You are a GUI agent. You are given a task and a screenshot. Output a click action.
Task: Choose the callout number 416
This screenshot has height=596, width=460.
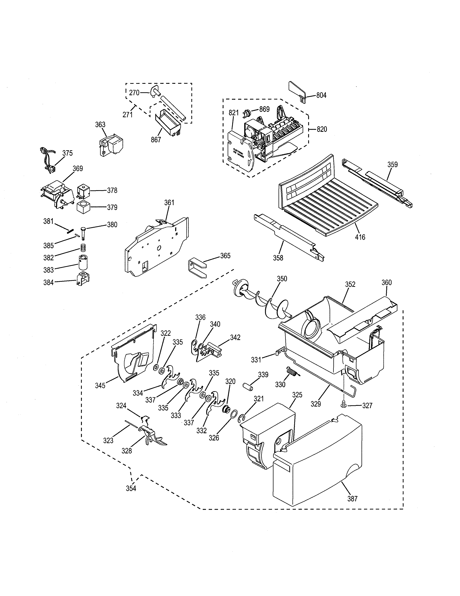(x=360, y=237)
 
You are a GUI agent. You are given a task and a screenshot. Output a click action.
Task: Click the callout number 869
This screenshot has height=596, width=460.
(x=264, y=109)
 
